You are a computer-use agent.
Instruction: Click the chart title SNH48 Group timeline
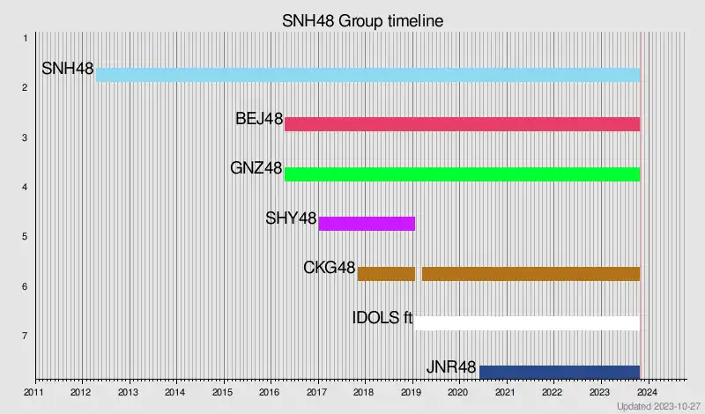pos(362,20)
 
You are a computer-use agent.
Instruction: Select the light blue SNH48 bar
pos(367,75)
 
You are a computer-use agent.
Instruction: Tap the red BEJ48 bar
pos(462,124)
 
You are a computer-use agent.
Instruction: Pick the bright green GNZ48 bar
pos(462,174)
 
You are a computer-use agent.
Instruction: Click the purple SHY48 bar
pos(367,223)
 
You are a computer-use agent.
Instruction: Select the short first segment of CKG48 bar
pos(386,273)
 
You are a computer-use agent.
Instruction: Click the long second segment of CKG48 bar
pos(531,273)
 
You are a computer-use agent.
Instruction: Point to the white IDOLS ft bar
pos(527,322)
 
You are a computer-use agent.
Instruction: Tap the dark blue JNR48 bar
pos(559,372)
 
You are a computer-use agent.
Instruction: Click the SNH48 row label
pos(68,69)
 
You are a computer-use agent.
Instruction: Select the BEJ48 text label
pos(258,119)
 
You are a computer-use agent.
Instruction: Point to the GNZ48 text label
pos(256,168)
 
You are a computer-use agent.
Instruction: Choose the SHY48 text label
pos(291,218)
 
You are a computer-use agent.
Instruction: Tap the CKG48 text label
pos(329,268)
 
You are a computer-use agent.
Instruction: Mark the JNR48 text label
pos(450,367)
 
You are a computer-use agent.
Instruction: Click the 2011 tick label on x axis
pos(33,392)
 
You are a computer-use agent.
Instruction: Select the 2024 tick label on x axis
pos(646,392)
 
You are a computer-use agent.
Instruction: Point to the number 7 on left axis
pos(26,336)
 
